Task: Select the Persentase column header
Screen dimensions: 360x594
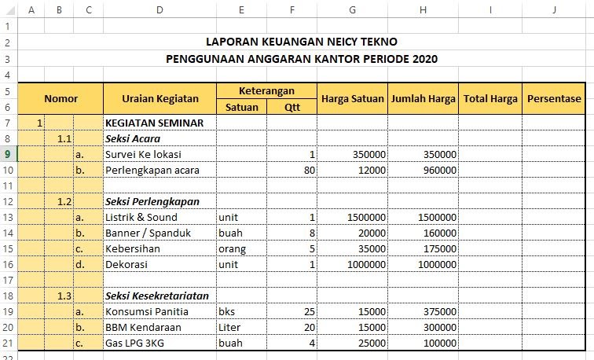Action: [x=554, y=99]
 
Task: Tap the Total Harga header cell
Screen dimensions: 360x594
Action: [x=490, y=99]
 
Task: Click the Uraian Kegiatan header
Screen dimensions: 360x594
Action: [x=159, y=99]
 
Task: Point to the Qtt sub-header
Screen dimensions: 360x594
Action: [x=292, y=108]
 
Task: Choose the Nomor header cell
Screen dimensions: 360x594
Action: [x=60, y=99]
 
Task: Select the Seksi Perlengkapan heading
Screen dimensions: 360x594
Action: [x=152, y=201]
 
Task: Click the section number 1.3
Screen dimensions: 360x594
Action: [x=64, y=296]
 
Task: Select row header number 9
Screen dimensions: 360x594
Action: [x=8, y=154]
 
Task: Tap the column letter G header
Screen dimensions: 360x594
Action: [x=352, y=10]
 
